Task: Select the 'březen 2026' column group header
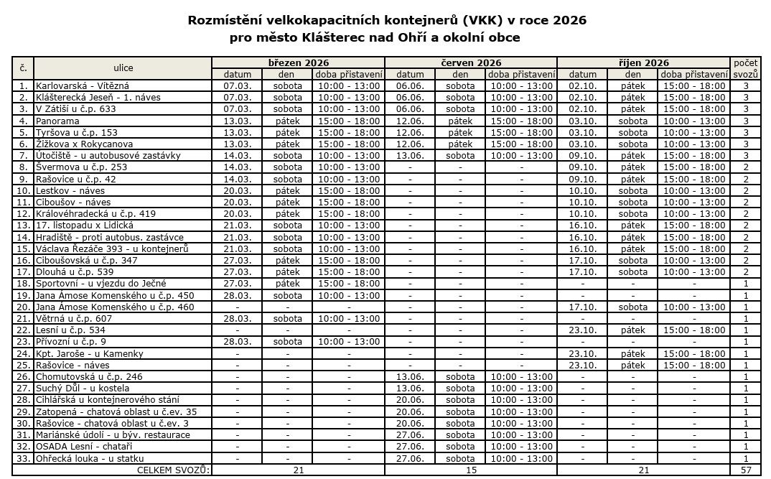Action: [x=298, y=62]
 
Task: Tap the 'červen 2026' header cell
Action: [x=471, y=62]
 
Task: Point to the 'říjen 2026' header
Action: [x=643, y=62]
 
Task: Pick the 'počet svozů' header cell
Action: [x=746, y=68]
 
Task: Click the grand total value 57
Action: [x=746, y=470]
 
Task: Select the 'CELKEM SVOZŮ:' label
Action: [x=174, y=470]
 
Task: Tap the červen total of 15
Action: [x=471, y=470]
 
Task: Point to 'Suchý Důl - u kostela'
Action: [x=83, y=388]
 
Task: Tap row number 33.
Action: [x=23, y=458]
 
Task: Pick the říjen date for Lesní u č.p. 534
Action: [x=582, y=330]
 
